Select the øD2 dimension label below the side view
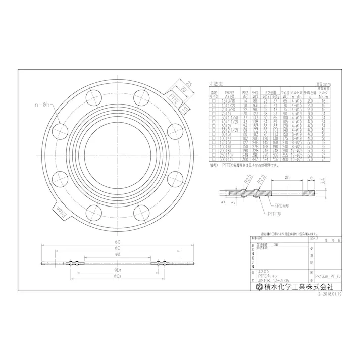tap(117, 277)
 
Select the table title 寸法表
tap(216, 83)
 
